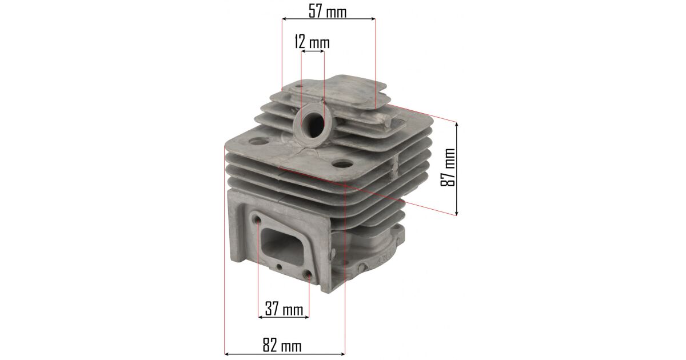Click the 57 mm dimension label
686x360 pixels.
coord(328,12)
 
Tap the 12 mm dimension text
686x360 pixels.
coord(312,42)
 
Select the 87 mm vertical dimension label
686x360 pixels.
coord(448,167)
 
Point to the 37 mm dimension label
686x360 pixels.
coord(284,309)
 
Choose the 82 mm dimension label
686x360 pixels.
coord(282,345)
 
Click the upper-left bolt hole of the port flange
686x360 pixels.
coord(257,219)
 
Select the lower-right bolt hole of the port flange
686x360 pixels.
coord(308,274)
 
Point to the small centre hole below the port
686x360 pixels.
coord(279,267)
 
